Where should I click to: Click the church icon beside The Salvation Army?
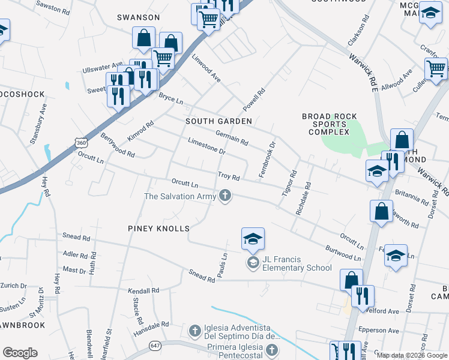point(226,196)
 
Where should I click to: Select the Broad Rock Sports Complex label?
point(330,124)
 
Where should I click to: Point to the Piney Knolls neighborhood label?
point(158,229)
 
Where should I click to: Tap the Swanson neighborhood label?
point(138,17)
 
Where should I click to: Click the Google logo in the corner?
point(20,352)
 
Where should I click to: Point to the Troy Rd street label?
point(229,178)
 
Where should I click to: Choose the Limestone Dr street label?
point(206,148)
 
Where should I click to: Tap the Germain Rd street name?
point(231,139)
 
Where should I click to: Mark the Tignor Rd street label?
point(289,184)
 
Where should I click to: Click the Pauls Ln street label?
point(223,263)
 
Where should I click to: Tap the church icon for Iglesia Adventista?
point(194,331)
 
